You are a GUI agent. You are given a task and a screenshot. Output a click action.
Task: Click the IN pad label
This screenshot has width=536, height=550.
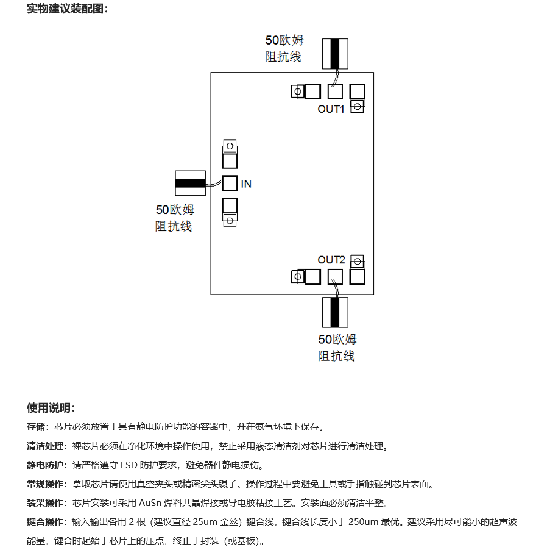tap(246, 184)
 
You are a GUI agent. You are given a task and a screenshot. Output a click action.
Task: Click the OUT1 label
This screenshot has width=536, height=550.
tap(331, 109)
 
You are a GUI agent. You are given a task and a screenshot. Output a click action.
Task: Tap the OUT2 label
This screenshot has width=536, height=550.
tap(331, 260)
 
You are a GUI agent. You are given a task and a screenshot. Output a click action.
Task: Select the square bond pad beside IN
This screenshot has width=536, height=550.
tap(230, 183)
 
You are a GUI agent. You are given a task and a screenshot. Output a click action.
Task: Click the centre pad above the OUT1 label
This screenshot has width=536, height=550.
tap(335, 91)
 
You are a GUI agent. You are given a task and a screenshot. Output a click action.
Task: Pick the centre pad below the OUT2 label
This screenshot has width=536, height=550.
tap(335, 277)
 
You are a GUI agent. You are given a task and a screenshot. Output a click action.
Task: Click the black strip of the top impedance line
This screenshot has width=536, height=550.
tap(335, 54)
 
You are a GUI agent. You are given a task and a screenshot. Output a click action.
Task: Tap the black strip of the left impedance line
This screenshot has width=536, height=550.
tap(190, 183)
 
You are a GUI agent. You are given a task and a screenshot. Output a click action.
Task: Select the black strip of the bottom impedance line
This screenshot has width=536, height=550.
tap(335, 312)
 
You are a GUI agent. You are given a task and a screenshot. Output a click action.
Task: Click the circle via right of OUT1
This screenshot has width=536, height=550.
tap(358, 106)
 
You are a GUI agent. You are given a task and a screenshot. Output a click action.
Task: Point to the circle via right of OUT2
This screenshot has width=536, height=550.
tap(358, 262)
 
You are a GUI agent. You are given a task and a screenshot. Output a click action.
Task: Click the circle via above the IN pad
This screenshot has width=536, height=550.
tap(230, 146)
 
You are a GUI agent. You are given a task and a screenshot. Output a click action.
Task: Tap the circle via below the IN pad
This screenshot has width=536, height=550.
tap(230, 221)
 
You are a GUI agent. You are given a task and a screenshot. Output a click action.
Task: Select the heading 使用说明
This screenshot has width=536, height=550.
tap(51, 408)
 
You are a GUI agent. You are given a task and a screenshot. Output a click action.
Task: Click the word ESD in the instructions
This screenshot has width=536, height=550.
tap(129, 465)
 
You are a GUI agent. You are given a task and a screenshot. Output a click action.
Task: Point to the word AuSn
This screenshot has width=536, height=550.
tap(150, 503)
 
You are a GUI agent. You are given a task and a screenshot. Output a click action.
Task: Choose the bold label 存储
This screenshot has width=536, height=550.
tap(36, 427)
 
